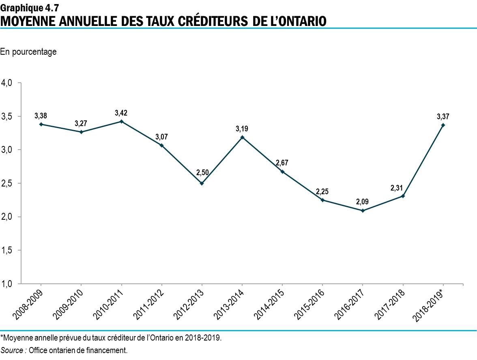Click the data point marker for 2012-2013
(202, 183)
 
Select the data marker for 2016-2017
(362, 210)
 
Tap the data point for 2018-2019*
(443, 125)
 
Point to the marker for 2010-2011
(121, 122)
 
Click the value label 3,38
(41, 116)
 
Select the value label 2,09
(362, 201)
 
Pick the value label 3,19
(242, 129)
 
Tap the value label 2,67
(282, 163)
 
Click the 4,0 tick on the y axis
(7, 83)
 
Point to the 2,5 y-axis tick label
(7, 183)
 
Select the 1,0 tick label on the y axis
(7, 284)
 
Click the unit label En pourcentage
(28, 52)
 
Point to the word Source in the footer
(12, 350)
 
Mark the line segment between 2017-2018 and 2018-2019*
(423, 161)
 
